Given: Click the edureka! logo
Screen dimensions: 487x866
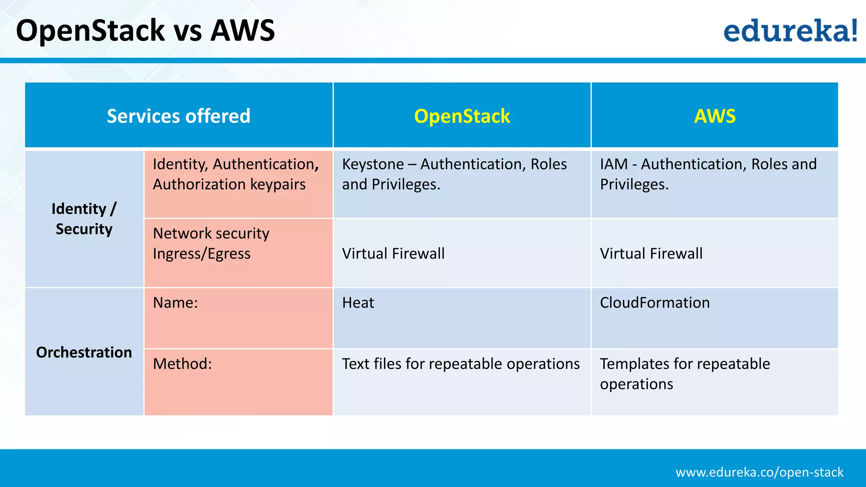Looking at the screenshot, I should click(x=790, y=30).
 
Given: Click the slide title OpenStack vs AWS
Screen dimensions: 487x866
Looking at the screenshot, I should click(x=145, y=30).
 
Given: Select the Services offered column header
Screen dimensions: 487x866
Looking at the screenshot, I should click(x=178, y=116).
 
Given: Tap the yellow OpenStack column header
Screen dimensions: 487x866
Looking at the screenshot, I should click(x=462, y=116).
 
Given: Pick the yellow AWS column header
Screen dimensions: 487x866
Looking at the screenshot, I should click(x=715, y=116).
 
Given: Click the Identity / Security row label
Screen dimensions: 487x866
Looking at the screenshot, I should click(x=84, y=219).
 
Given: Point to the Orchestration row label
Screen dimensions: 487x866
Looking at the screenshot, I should click(x=84, y=352).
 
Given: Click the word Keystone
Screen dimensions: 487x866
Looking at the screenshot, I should click(x=373, y=164).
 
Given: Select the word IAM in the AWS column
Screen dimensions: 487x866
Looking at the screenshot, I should click(x=614, y=164).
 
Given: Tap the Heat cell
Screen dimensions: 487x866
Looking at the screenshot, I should click(x=358, y=303).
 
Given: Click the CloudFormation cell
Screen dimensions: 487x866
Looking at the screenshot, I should click(x=655, y=303).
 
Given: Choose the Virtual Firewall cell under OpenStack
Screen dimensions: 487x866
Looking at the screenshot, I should click(x=393, y=254).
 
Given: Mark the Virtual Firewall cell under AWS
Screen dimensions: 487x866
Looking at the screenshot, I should click(x=651, y=254).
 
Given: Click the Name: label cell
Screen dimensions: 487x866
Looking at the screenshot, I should click(x=175, y=303).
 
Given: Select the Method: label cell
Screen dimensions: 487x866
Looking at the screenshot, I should click(x=182, y=364).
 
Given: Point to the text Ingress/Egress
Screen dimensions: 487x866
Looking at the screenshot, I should click(x=202, y=254).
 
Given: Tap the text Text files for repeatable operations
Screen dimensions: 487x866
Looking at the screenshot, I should click(x=460, y=364).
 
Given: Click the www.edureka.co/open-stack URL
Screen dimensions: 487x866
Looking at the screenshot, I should click(x=759, y=472).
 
